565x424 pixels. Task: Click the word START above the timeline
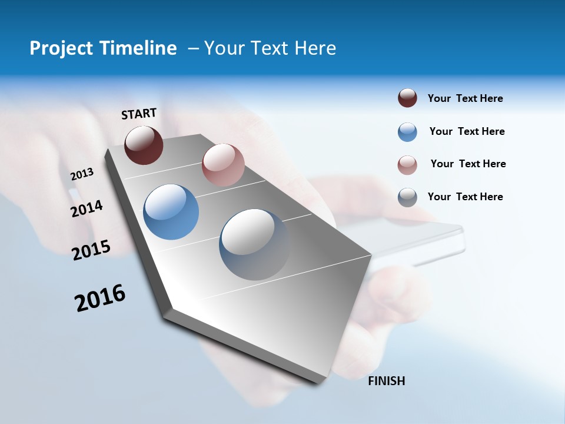coord(139,114)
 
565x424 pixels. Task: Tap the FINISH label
coord(387,381)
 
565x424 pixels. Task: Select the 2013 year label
coord(82,174)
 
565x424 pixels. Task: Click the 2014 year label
coord(87,208)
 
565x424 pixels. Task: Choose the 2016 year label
coord(100,298)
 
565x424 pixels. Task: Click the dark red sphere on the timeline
coord(144,145)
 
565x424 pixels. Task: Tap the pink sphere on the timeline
coord(223,165)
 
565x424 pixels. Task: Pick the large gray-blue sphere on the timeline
coord(255,244)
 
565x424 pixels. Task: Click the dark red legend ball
coord(407,98)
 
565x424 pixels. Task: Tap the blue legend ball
coord(407,132)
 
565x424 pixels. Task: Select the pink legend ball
coord(407,165)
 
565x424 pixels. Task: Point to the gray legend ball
coord(407,197)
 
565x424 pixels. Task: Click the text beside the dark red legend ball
coord(465,98)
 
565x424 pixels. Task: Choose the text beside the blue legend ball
coord(467,131)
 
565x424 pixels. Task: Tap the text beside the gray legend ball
coord(465,197)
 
